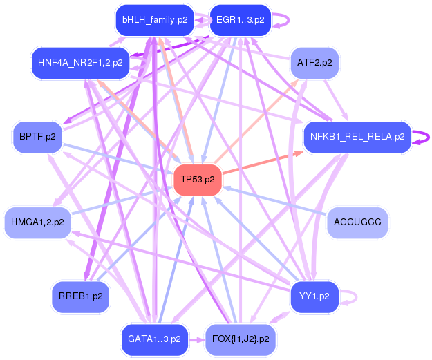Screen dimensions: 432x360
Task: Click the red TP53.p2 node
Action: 197,180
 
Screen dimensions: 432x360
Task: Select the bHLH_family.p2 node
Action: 155,20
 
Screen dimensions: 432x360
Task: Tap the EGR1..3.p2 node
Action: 240,20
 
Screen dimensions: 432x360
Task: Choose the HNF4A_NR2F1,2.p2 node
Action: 80,62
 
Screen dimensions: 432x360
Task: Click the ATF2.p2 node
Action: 314,62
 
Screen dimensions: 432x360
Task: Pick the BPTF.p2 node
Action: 38,136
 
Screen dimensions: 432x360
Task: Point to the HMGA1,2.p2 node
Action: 37,222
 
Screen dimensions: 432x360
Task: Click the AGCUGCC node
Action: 357,222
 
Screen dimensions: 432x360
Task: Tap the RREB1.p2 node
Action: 80,296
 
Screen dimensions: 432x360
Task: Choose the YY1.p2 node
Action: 314,296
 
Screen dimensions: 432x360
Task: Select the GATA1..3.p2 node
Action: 154,339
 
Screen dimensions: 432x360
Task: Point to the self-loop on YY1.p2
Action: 353,296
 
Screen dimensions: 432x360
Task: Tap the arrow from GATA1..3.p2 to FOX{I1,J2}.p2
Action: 197,339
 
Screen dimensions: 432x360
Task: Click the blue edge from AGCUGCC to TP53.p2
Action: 276,201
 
